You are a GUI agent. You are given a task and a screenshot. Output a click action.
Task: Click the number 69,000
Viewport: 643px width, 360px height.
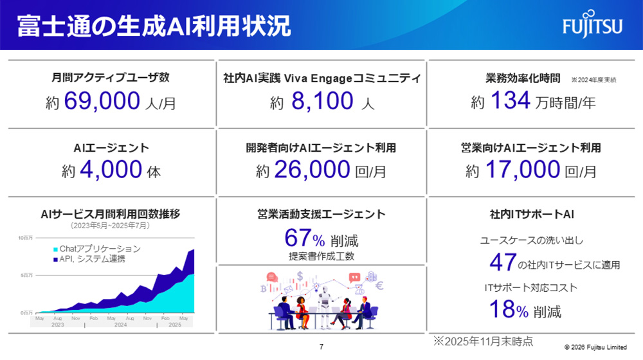(x=102, y=100)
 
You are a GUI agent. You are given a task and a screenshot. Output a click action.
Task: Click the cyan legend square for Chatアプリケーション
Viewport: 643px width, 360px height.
(x=55, y=249)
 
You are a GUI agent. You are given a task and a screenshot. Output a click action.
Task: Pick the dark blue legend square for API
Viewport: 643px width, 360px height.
(x=55, y=259)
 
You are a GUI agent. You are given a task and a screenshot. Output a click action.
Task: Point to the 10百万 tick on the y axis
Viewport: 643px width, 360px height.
(x=25, y=238)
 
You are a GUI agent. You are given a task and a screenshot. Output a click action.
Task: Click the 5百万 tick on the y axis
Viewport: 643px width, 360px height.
(x=25, y=275)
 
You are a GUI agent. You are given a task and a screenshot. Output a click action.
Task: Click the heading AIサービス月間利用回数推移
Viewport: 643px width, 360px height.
(x=109, y=214)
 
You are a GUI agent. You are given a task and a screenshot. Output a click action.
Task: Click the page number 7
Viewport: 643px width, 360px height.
(x=321, y=347)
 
